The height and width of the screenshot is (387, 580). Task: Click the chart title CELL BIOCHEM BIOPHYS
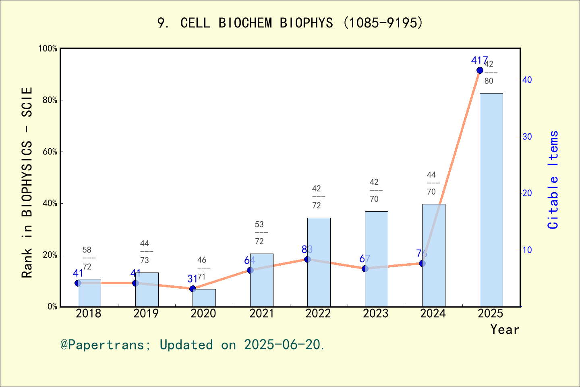290,23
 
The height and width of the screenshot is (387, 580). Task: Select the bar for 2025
491,200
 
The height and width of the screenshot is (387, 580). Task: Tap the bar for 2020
204,298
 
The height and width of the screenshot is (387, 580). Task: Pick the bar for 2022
319,262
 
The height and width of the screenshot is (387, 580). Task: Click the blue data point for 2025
480,71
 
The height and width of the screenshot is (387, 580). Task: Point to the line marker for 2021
250,270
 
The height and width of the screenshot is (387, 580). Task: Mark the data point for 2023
365,268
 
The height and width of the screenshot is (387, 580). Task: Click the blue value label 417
479,60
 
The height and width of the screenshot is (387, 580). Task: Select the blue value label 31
192,279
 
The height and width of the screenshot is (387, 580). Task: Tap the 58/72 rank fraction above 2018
87,258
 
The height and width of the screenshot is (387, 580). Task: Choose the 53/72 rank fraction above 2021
259,233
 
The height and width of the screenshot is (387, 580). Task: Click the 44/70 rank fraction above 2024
431,183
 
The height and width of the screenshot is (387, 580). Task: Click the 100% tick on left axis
48,48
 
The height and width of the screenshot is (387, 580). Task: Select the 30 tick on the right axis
527,137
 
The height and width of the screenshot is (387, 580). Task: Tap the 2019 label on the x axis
146,313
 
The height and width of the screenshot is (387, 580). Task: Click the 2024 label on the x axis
433,313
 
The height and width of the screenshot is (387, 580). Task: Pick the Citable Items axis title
553,179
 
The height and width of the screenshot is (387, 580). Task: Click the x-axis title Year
505,329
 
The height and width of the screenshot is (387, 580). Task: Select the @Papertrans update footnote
193,345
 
